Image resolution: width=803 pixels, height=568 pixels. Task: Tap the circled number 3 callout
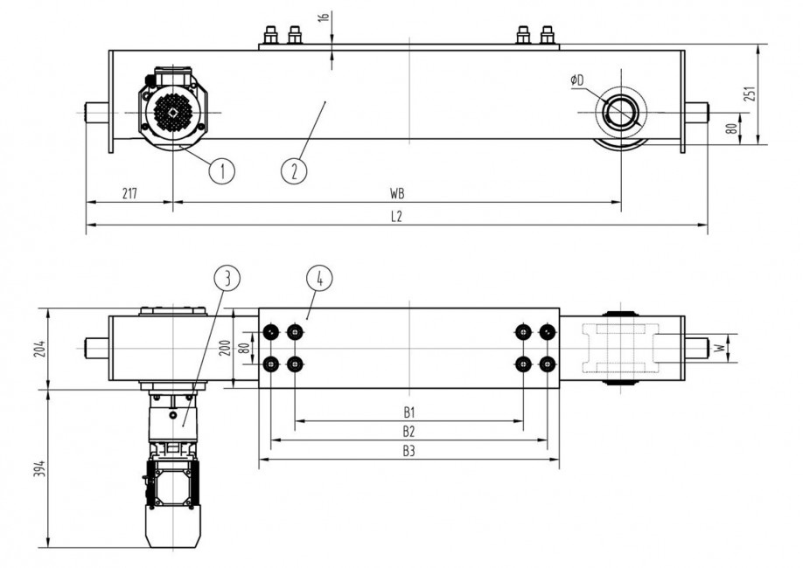point(227,279)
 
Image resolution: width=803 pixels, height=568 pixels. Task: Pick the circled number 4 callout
point(320,279)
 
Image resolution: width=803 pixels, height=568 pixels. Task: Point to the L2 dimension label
point(396,217)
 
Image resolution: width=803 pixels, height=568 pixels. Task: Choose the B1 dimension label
point(408,412)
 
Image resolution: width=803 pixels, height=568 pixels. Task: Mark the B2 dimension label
point(408,431)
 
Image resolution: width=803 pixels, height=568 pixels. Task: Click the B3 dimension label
point(408,451)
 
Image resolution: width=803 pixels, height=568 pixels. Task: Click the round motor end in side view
point(173,112)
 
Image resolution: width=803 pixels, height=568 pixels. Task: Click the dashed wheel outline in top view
point(621,348)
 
